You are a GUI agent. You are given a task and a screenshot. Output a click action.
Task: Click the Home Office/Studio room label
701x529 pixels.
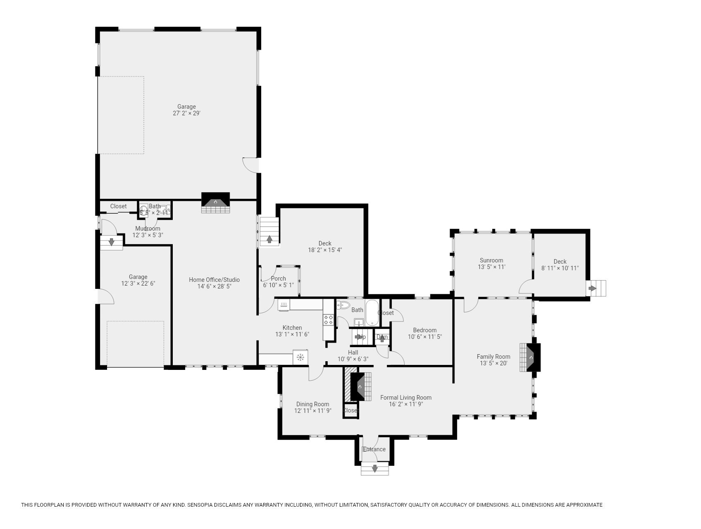click(214, 280)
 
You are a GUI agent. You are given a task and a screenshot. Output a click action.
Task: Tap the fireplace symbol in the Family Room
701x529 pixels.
click(531, 357)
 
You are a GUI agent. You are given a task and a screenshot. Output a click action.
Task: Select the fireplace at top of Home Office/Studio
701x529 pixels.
click(215, 202)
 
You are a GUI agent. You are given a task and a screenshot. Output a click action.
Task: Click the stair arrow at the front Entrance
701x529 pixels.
click(374, 469)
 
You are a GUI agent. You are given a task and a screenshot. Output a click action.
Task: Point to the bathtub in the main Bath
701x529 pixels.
click(372, 313)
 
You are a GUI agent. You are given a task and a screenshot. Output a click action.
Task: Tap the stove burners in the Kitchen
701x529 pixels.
click(329, 320)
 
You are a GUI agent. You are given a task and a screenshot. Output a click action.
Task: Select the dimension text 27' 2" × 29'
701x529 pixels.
click(186, 113)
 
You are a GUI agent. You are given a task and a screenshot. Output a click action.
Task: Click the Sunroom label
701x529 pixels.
click(491, 260)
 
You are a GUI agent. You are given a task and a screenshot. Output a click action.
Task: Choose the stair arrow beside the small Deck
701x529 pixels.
click(593, 288)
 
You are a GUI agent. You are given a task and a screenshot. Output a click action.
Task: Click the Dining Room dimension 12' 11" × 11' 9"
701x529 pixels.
click(312, 411)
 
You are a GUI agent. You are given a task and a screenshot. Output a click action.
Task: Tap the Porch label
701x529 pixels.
click(278, 279)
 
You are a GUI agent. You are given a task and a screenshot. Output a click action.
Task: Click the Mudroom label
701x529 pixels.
click(148, 229)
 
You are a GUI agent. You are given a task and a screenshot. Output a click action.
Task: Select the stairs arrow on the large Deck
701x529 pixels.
click(269, 239)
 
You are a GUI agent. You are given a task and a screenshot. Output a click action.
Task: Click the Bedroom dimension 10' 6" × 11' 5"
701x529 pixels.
click(424, 337)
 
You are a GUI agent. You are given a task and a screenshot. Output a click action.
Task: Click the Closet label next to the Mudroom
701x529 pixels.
click(118, 206)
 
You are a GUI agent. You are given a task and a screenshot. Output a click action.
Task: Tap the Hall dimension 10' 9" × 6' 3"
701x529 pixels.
click(353, 359)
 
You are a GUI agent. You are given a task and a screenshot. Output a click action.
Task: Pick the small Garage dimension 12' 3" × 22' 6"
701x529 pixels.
click(138, 284)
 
